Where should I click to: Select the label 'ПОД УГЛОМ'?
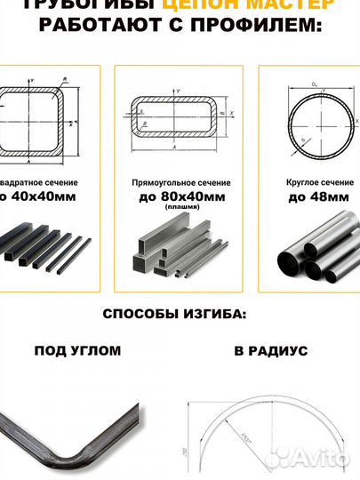[x=77, y=351]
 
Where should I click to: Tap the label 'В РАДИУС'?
[x=271, y=351]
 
